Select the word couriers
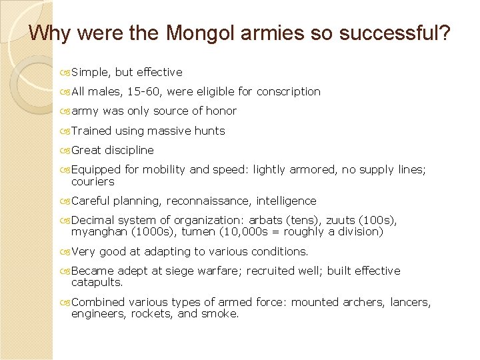tap(93, 181)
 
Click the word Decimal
tap(93, 220)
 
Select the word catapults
tap(97, 283)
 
